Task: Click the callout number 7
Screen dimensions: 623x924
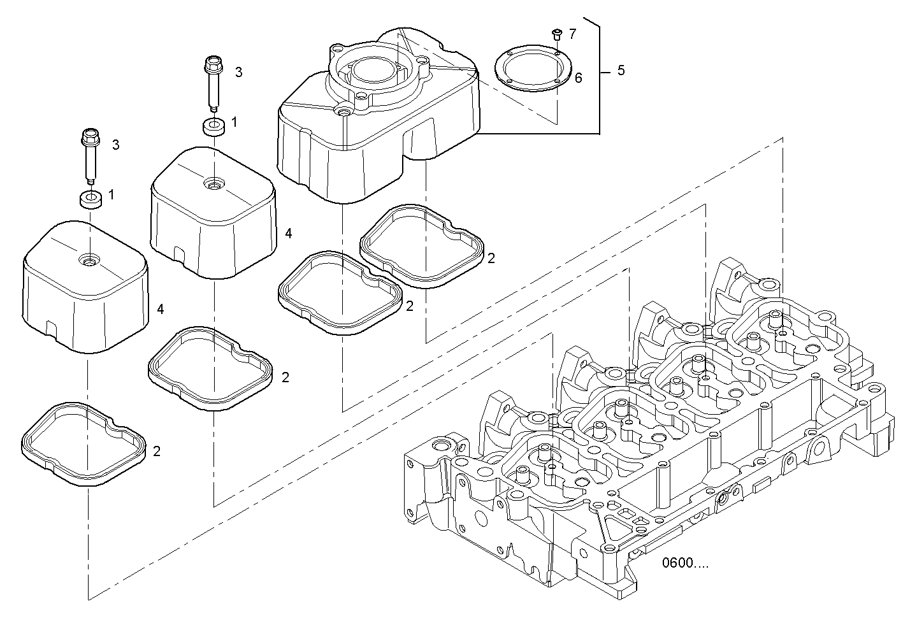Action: pos(572,34)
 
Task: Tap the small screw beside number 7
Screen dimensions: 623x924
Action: pos(556,32)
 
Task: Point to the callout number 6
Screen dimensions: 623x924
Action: pos(578,78)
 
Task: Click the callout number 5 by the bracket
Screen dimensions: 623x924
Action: pos(621,70)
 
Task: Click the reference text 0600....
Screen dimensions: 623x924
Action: pos(684,562)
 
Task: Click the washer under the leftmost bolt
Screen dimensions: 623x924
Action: pos(91,199)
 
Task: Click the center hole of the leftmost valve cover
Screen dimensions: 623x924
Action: pos(89,260)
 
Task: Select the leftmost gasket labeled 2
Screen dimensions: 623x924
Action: pos(85,444)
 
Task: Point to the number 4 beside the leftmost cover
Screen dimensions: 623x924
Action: pos(161,309)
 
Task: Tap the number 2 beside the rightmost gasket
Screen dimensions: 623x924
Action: pos(491,258)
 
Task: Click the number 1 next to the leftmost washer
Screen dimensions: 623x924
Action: pos(112,194)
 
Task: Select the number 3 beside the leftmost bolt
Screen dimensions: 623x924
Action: pos(115,145)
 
